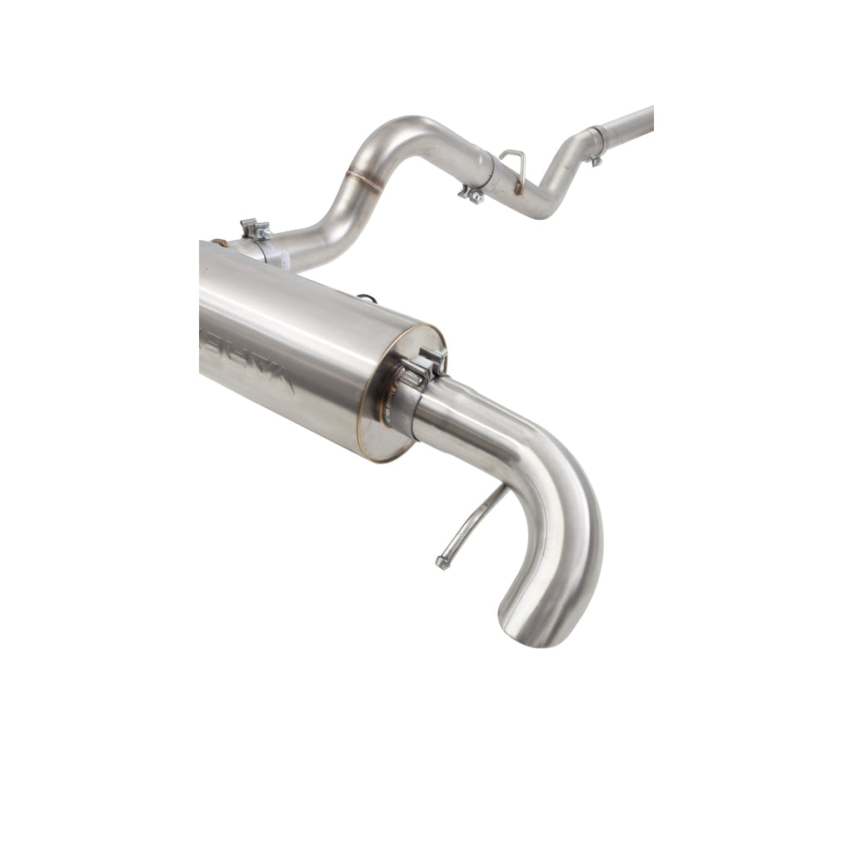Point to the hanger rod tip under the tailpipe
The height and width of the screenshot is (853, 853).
442,563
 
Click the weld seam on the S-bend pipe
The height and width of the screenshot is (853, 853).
363,177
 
